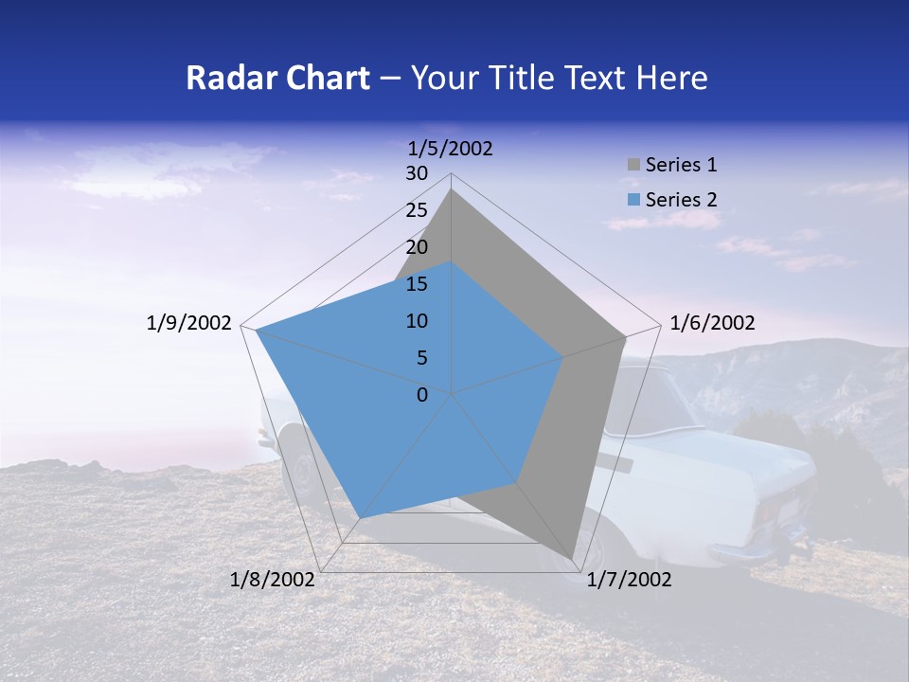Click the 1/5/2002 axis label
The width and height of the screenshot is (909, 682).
451,148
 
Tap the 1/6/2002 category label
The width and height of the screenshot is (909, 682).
712,323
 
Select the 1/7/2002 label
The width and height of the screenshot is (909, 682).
629,580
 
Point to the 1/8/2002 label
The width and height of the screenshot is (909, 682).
273,580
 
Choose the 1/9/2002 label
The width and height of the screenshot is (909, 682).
189,323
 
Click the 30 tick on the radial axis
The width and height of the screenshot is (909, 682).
417,173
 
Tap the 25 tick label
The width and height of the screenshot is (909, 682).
417,210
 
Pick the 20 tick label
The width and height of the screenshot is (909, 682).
417,247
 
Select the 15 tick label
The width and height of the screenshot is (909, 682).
417,284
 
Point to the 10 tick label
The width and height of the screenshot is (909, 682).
417,321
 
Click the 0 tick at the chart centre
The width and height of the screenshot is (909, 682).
422,395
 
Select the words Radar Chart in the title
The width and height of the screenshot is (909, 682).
277,79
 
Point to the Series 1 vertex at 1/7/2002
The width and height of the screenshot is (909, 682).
572,560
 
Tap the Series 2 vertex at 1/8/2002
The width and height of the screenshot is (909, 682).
359,518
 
